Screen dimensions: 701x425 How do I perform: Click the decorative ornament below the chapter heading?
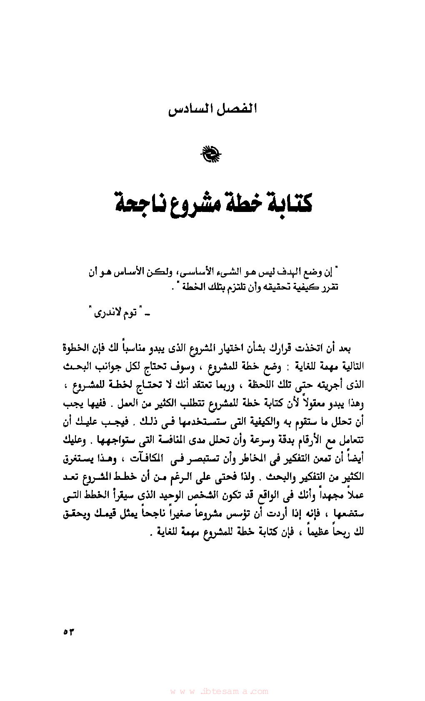pos(212,154)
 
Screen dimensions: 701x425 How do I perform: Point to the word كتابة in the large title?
pos(288,203)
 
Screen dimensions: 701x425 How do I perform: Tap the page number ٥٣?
pos(68,632)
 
